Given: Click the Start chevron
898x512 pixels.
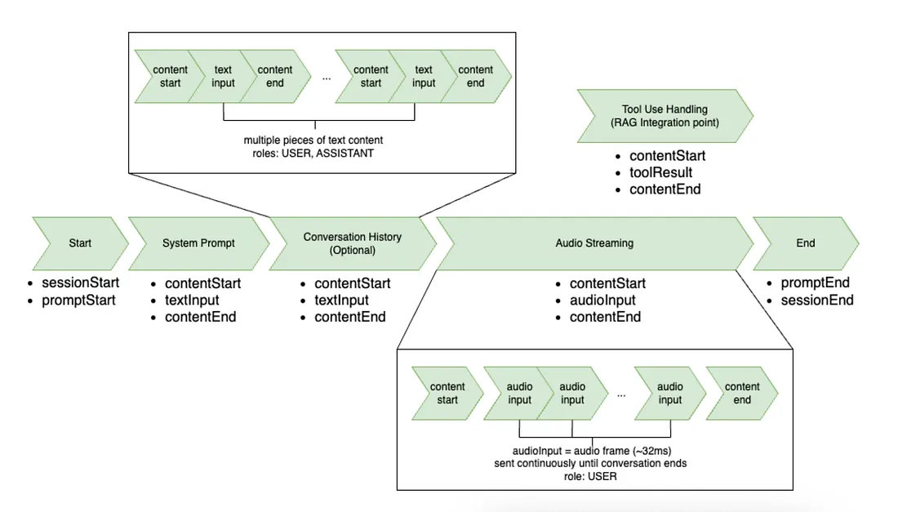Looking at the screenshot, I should point(80,243).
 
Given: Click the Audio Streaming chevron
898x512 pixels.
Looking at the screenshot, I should point(593,243).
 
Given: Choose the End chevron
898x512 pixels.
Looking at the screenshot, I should point(805,243).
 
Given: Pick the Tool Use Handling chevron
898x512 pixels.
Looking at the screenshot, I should point(664,116).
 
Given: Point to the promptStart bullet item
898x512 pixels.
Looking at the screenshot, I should point(80,300).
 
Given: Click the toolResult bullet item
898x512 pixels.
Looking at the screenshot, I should point(660,172).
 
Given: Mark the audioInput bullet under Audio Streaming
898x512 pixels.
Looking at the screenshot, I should point(602,300).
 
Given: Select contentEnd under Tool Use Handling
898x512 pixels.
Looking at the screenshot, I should point(665,189).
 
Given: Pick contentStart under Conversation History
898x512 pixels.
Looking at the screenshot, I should point(353,283).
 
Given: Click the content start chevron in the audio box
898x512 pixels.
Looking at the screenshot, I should point(447,393).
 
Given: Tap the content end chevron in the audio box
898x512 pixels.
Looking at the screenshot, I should point(741,393).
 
